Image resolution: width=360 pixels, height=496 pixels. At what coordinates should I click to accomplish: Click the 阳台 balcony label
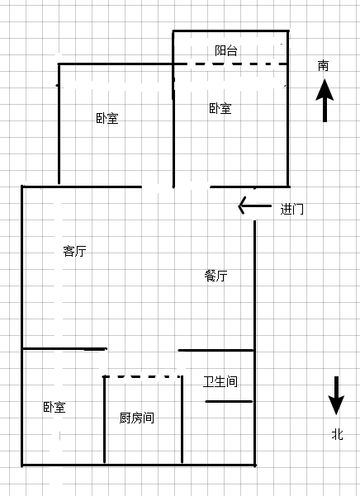226,50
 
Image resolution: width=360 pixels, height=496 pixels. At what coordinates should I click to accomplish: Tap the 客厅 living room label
74,251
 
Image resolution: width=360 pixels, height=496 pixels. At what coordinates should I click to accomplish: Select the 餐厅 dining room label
216,276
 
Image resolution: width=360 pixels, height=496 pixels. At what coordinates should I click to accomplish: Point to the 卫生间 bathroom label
220,381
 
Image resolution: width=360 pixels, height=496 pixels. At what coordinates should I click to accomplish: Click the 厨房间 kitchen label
137,418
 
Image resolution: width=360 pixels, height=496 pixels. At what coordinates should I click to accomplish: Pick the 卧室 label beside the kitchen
54,407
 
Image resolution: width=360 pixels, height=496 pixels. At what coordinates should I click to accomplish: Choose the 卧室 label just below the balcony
220,108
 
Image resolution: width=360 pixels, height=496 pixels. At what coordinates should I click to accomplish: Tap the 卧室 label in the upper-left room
107,118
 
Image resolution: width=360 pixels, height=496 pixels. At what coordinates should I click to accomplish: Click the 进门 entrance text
292,209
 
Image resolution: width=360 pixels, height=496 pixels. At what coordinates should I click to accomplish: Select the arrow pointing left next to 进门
254,205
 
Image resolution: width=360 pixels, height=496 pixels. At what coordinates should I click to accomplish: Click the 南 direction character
324,66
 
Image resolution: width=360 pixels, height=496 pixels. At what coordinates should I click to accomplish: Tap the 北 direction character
337,434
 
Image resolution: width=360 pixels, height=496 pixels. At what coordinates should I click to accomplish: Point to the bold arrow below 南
324,101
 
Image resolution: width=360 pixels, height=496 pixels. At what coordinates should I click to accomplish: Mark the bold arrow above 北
336,395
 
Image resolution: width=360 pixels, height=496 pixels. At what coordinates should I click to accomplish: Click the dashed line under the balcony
231,64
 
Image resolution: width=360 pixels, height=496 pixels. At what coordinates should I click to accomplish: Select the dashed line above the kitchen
142,376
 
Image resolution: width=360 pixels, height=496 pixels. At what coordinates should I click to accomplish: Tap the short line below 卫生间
229,401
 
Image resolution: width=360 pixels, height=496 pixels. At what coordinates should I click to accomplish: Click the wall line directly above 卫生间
216,350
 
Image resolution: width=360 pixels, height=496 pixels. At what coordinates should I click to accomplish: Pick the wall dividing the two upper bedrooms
173,109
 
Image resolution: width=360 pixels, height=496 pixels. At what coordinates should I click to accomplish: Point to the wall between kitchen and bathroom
182,419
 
